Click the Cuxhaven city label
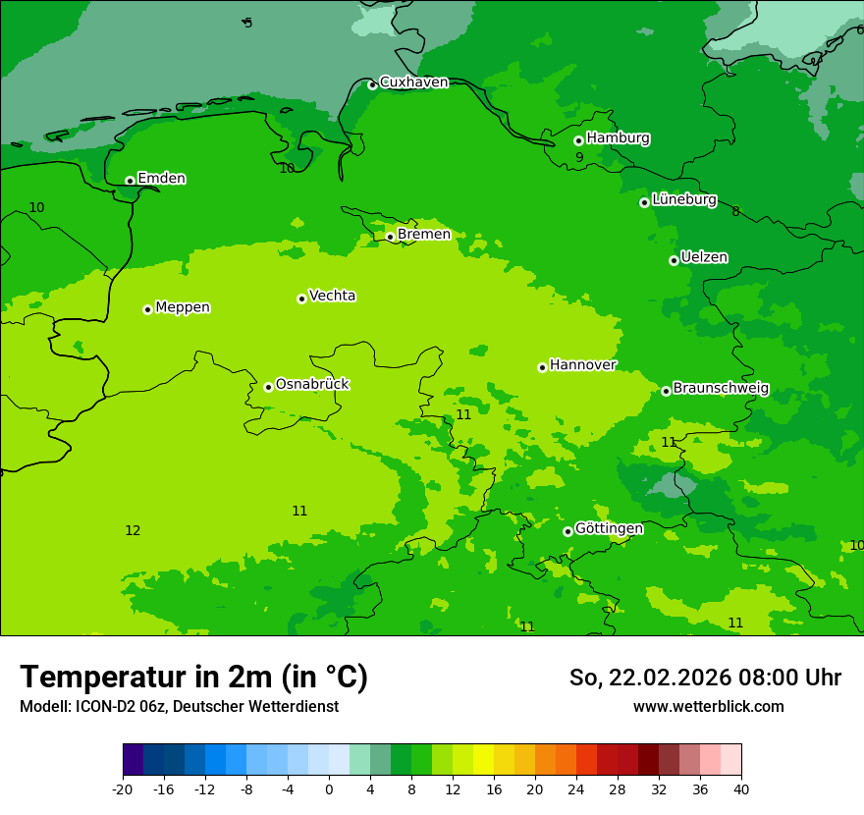tap(413, 82)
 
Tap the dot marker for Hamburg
tap(578, 140)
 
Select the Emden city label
tap(161, 179)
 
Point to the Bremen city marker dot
tap(390, 237)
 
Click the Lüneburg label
tap(683, 199)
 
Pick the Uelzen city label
tap(704, 257)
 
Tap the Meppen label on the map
tap(183, 307)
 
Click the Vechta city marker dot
tap(301, 299)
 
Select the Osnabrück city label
tap(311, 384)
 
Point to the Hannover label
tap(582, 365)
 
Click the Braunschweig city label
tap(721, 388)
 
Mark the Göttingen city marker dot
tap(567, 531)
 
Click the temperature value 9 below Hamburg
tap(579, 158)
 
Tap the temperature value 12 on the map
tap(133, 531)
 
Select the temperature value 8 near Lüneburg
tap(735, 212)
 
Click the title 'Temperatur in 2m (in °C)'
tap(193, 678)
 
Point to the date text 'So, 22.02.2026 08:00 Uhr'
tap(705, 678)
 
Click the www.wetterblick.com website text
tap(708, 707)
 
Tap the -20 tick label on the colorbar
tap(123, 789)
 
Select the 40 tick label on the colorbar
tap(741, 789)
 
